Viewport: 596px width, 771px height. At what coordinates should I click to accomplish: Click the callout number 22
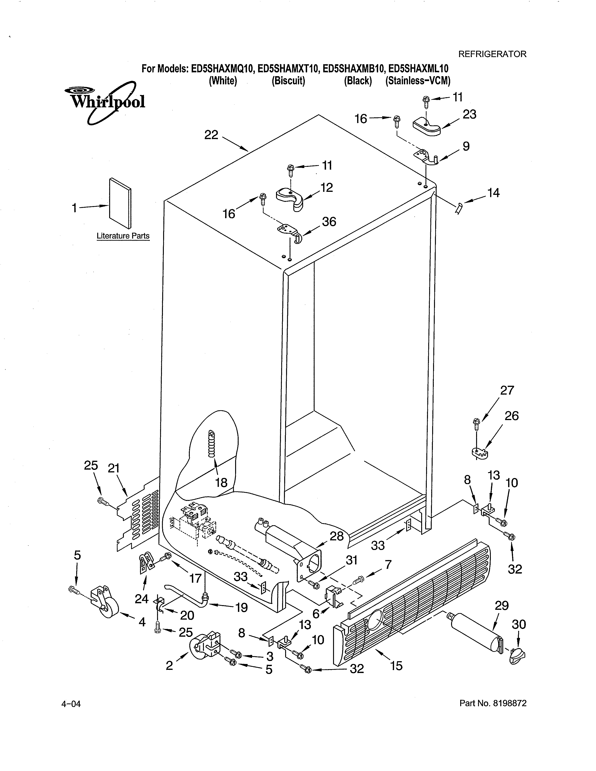(211, 135)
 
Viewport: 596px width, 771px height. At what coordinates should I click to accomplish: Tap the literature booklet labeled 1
(120, 203)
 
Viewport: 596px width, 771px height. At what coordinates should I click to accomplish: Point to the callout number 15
(396, 666)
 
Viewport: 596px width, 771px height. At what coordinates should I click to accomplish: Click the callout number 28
(337, 536)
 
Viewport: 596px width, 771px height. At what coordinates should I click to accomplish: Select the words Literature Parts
(123, 236)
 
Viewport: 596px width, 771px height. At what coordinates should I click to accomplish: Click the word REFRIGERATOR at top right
(492, 54)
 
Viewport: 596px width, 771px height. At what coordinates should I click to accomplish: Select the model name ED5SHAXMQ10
(223, 68)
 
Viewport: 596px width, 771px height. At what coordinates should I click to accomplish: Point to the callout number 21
(113, 468)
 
